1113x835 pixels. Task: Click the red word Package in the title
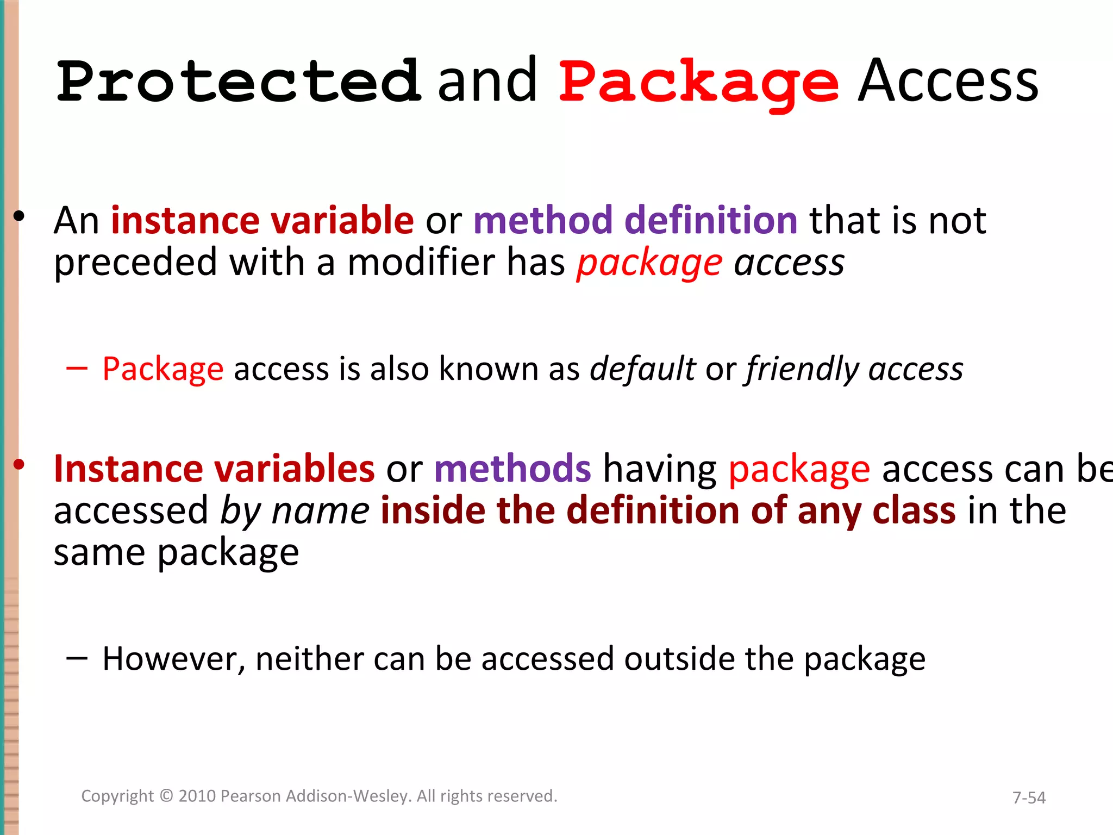tap(699, 82)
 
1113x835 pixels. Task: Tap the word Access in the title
tap(948, 82)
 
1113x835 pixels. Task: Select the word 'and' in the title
tap(487, 82)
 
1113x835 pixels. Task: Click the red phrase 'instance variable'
tap(262, 220)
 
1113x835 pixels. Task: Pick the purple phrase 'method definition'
tap(635, 220)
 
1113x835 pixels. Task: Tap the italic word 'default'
tap(643, 369)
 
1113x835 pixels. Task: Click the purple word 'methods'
tap(512, 468)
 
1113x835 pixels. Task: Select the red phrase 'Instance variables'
tap(214, 468)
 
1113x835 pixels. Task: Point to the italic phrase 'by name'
tap(295, 511)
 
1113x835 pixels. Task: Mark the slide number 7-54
tap(1029, 797)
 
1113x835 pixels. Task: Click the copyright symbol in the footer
tap(167, 796)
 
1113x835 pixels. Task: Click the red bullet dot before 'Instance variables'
tap(20, 464)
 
